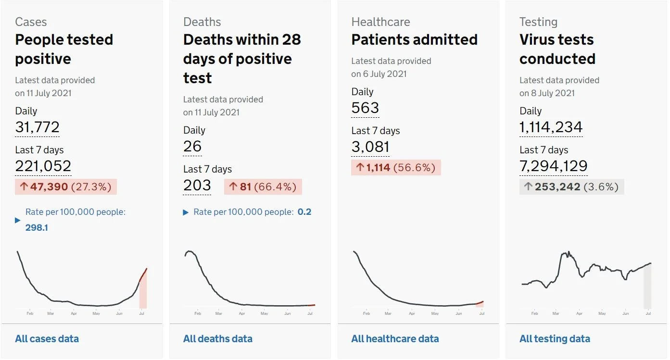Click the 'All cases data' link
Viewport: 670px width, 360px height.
click(47, 339)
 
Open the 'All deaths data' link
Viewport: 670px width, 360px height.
click(218, 339)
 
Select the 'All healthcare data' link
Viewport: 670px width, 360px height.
click(395, 339)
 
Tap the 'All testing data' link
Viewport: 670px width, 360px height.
click(555, 339)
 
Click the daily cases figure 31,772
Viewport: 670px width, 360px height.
click(38, 127)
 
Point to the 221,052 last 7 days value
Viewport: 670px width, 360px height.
click(43, 166)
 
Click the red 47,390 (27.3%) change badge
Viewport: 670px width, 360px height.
click(66, 187)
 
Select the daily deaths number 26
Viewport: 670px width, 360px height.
click(192, 147)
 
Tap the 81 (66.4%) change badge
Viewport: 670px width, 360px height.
click(263, 187)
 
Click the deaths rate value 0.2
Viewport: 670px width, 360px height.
click(304, 212)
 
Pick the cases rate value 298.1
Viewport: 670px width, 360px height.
click(37, 228)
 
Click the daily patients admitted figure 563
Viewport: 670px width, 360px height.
click(365, 108)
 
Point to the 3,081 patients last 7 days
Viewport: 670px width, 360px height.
click(370, 147)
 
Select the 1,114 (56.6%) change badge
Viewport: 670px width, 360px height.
click(396, 167)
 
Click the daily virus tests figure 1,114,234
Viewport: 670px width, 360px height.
click(551, 127)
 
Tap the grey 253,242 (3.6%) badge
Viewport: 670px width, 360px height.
click(571, 187)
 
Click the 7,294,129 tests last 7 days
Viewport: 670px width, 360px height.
click(553, 166)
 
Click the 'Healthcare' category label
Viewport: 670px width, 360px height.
click(381, 22)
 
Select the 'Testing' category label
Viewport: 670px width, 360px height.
click(538, 22)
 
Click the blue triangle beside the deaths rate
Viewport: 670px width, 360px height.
click(186, 212)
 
